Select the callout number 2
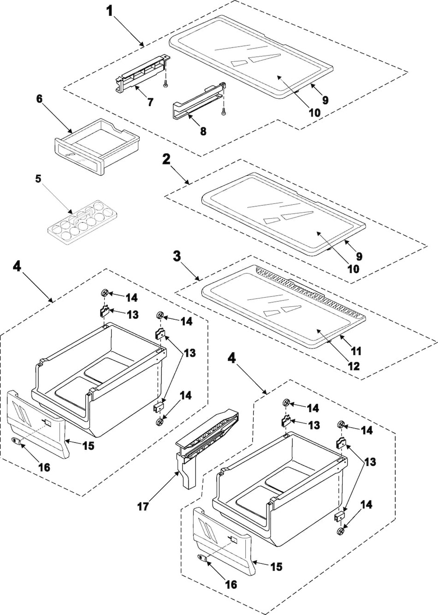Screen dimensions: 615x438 (166, 160)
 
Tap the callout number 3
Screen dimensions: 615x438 (177, 257)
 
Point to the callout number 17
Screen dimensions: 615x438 (143, 507)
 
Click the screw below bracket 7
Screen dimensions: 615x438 (165, 84)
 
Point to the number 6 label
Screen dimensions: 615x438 (39, 99)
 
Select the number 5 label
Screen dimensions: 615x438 (39, 179)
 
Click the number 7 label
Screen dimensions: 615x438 (150, 102)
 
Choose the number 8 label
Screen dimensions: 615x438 (203, 131)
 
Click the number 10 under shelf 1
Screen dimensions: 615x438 (314, 112)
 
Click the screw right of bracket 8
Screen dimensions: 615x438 (224, 111)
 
